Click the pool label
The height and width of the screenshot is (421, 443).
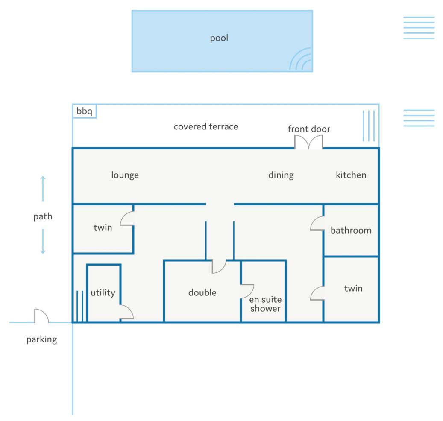tap(219, 38)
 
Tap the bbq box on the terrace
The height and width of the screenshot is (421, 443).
tap(85, 111)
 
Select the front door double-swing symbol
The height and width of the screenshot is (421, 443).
tap(308, 142)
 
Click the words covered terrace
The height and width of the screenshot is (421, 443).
tap(205, 126)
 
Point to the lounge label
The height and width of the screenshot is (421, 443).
tap(125, 175)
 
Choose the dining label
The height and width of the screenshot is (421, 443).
tap(281, 175)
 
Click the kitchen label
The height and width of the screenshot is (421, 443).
tap(351, 175)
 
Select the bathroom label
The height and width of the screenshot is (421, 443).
tap(351, 231)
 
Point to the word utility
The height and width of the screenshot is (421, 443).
tap(103, 292)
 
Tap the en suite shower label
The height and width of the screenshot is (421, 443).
tap(265, 304)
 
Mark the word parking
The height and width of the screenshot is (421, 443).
tap(41, 339)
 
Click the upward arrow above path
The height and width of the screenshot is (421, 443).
tap(43, 189)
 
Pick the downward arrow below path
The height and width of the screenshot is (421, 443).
tap(43, 241)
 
